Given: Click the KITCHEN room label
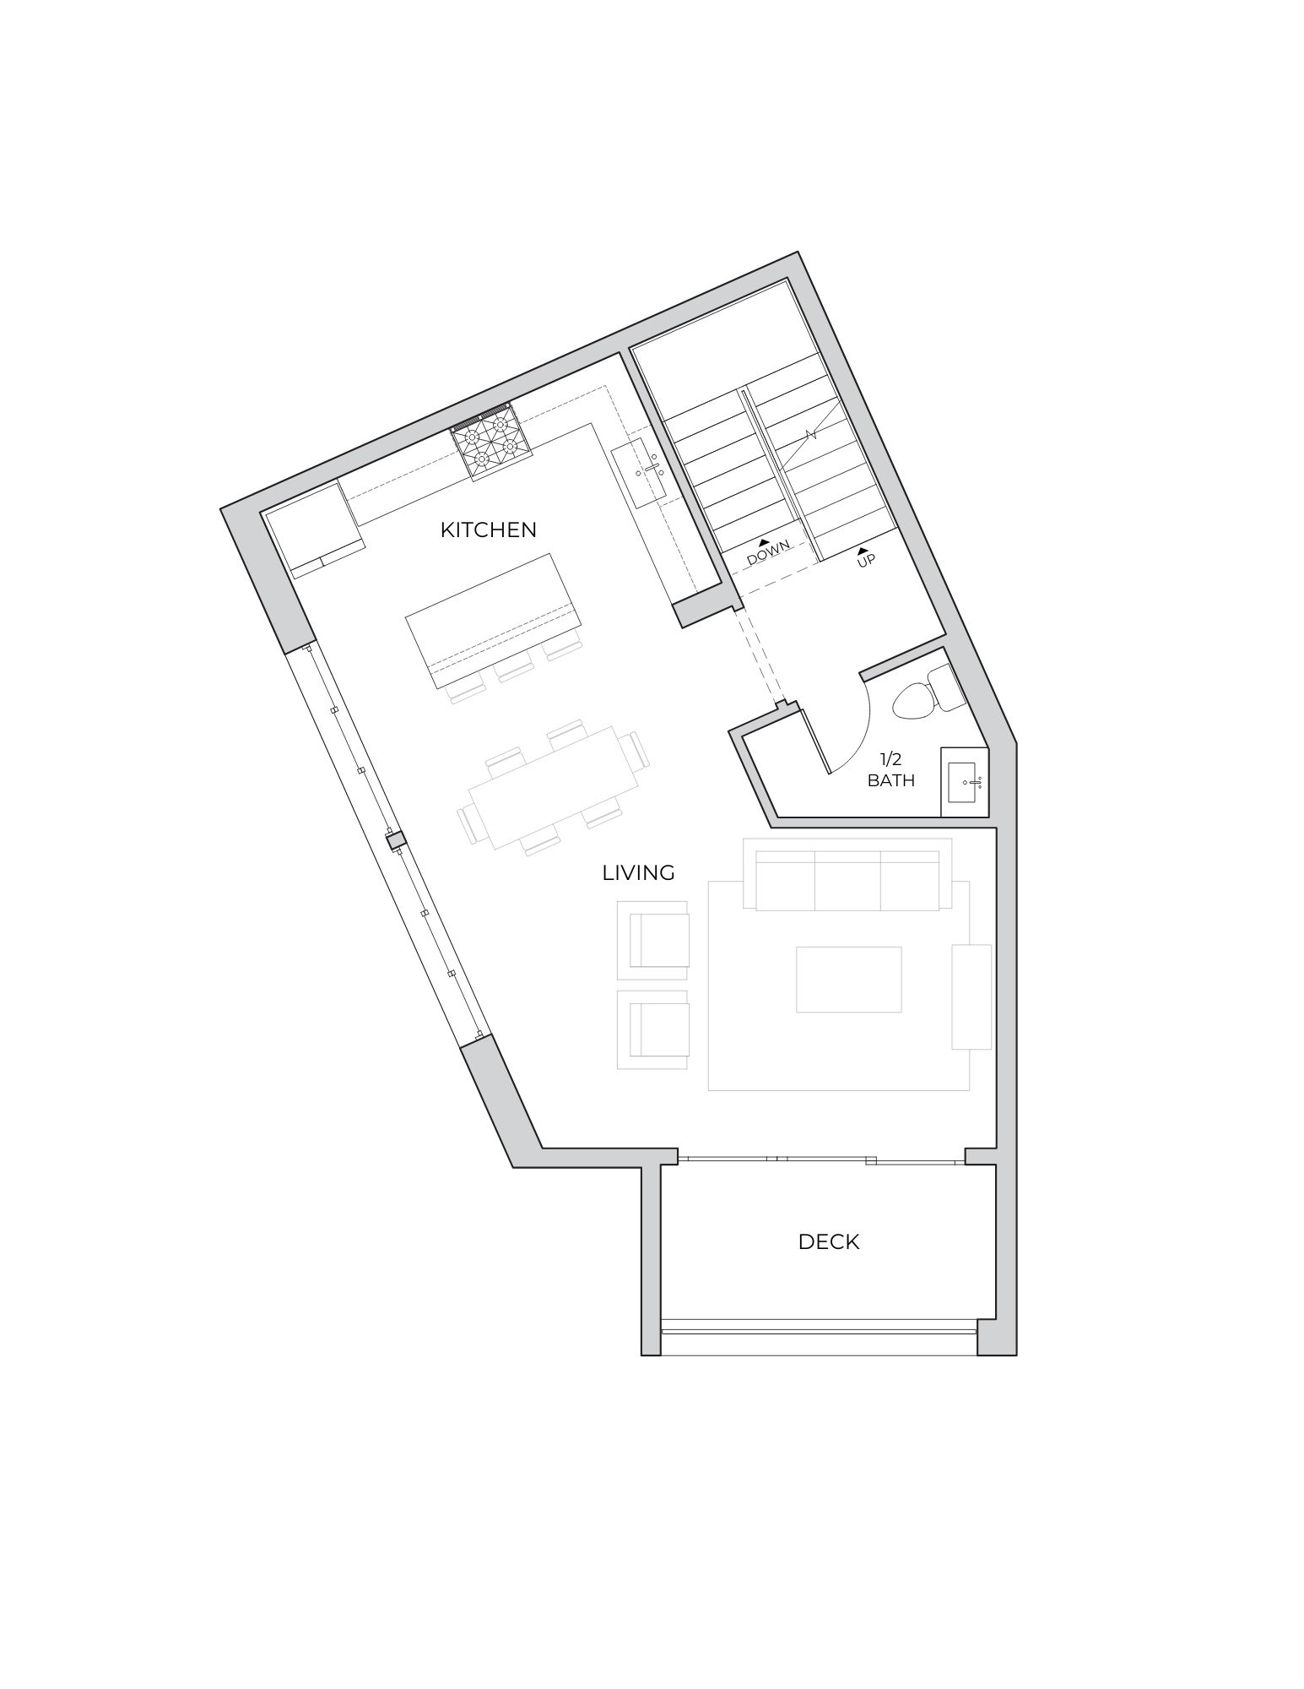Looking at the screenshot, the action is (488, 530).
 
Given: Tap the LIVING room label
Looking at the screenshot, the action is (638, 872).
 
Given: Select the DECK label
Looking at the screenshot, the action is (829, 1241).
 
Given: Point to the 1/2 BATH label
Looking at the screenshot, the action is (891, 770).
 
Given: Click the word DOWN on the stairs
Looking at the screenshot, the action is (769, 552).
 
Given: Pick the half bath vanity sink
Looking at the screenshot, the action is (965, 782).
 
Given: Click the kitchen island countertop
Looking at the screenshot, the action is (493, 610).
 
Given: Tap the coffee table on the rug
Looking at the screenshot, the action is (848, 979).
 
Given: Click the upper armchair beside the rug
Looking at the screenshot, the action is (653, 941).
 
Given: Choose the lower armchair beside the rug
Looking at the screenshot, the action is (653, 1030).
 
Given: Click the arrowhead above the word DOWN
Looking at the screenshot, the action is (764, 541).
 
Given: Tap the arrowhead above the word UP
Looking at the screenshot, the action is (863, 551).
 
